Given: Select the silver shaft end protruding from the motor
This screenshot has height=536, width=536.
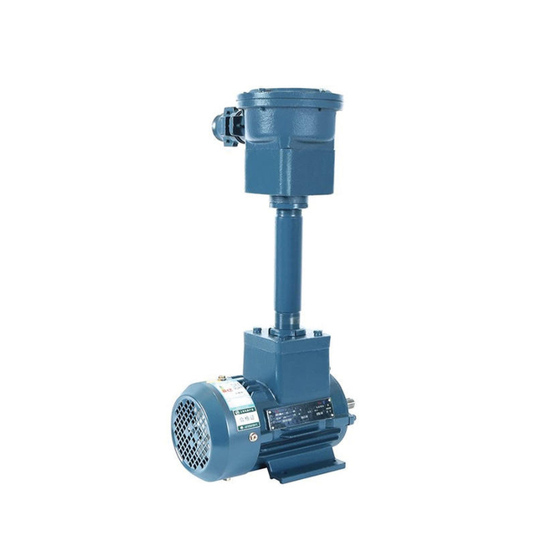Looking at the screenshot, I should (x=353, y=416).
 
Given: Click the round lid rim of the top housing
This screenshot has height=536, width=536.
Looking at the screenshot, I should (x=290, y=99).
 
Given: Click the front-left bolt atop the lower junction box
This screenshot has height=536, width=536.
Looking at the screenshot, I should (x=260, y=334).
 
